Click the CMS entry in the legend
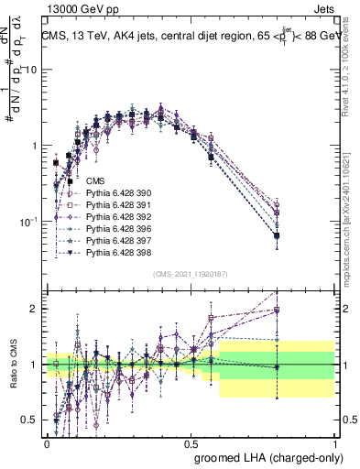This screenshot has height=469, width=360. pos(94,180)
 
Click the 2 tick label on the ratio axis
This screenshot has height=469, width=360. pos(36,309)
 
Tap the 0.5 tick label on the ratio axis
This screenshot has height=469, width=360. pos(32,420)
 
